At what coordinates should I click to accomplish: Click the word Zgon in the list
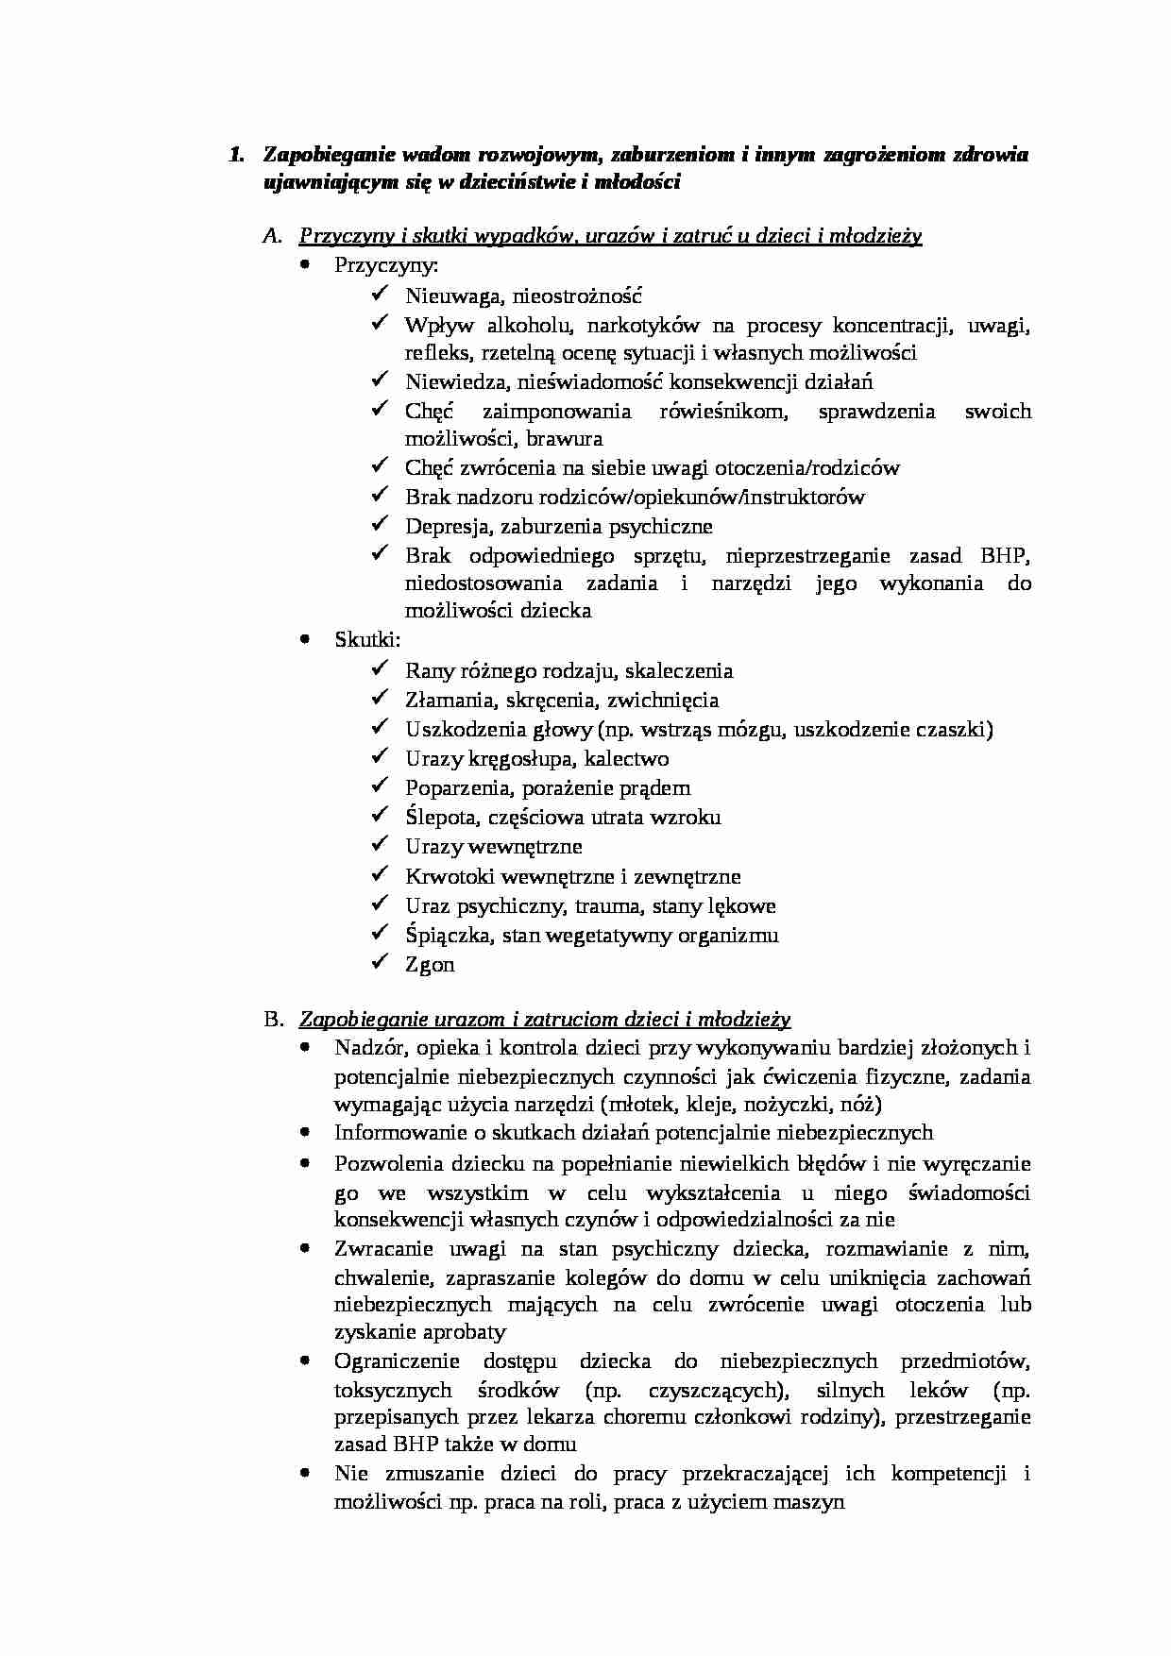coord(430,965)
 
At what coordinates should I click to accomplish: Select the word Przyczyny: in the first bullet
coord(385,265)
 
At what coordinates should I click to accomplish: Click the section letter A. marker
coord(272,236)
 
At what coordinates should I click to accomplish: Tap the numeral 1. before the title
coord(238,155)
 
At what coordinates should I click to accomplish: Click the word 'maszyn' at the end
coord(814,1501)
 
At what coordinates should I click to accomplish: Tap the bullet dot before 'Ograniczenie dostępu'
coord(304,1361)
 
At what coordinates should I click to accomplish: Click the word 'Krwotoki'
coord(446,877)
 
